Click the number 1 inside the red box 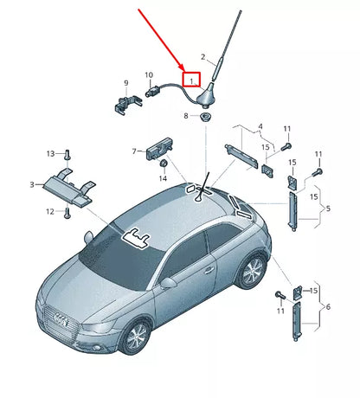(190, 80)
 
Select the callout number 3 (32, 184)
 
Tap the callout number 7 (134, 151)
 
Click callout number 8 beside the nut (184, 115)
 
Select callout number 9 (125, 83)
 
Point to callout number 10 (149, 75)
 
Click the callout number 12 (48, 212)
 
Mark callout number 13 (49, 153)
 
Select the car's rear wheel (252, 271)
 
